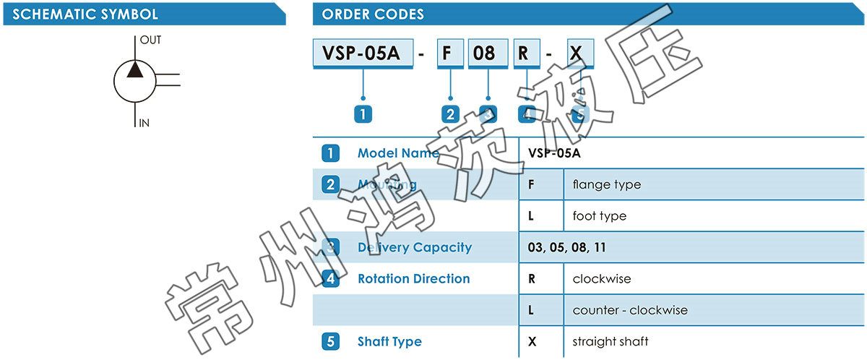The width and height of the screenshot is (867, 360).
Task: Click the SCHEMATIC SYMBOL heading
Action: [85, 14]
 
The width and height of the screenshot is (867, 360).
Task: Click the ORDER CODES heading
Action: [373, 14]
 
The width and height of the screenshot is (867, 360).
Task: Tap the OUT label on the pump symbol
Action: [150, 40]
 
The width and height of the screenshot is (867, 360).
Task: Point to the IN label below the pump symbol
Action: [144, 123]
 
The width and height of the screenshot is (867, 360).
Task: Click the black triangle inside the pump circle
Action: [135, 69]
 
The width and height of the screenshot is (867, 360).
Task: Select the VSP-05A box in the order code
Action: [363, 53]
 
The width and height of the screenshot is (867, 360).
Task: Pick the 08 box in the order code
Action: [483, 53]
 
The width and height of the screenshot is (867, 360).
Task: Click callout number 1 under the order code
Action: [363, 113]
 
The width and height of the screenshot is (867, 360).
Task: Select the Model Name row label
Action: [397, 153]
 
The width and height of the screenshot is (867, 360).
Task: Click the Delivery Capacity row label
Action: [414, 247]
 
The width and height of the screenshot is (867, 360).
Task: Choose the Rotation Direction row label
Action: [413, 278]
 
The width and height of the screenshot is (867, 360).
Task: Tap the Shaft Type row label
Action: [389, 341]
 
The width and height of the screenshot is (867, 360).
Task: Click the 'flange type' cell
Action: [606, 184]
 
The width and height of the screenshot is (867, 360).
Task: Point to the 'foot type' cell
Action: [599, 216]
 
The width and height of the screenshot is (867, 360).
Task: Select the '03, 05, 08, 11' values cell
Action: [566, 247]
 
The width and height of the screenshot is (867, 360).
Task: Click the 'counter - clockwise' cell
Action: [629, 310]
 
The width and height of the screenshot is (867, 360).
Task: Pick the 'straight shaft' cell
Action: [610, 341]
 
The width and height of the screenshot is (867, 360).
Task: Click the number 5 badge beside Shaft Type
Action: [330, 341]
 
